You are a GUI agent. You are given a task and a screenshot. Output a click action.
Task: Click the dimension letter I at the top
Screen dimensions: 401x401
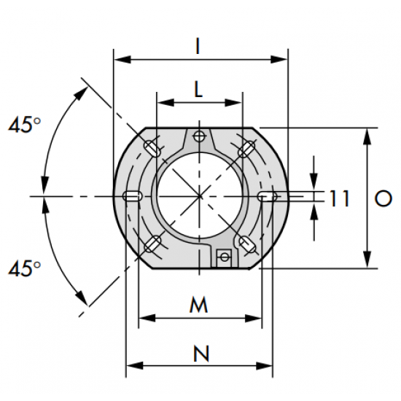[x=198, y=45]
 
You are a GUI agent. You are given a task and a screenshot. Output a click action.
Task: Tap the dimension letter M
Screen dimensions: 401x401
[x=198, y=305]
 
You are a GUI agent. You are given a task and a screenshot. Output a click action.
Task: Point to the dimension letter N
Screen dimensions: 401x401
[x=198, y=354]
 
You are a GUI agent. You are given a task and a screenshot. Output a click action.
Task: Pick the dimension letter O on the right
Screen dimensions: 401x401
[x=380, y=198]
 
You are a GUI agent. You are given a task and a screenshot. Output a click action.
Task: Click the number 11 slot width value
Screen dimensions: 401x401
[x=339, y=198]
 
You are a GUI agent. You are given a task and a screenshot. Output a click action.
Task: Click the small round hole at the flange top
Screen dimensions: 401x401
[x=200, y=136]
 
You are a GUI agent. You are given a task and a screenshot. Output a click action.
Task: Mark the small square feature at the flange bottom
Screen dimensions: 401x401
[x=224, y=256]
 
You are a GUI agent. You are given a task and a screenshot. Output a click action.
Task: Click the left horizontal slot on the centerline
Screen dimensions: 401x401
[x=133, y=196]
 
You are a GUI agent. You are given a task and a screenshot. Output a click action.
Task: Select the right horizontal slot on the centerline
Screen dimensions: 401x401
[x=267, y=196]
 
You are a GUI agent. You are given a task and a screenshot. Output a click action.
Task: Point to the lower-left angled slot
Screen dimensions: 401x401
[x=152, y=244]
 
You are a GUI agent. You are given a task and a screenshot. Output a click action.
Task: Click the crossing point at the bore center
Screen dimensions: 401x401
[x=200, y=196]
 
